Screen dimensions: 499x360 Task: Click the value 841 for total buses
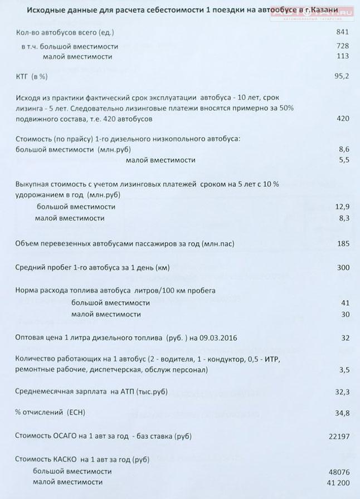pos(343,32)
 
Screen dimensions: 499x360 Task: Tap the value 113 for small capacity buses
pos(343,56)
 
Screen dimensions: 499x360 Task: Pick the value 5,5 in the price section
pos(344,160)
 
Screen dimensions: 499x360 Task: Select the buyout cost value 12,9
pos(342,207)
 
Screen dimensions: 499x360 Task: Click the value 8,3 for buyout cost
pos(344,218)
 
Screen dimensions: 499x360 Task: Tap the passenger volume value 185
pos(343,243)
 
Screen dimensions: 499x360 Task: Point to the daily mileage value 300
pos(343,267)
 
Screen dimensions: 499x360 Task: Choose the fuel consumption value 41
pos(344,303)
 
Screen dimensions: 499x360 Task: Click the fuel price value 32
pos(344,338)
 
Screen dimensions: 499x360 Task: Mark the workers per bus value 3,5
pos(343,369)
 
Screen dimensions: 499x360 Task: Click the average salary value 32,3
pos(342,392)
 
